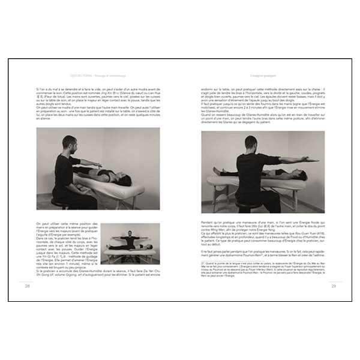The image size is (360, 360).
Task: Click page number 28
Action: tap(27, 286)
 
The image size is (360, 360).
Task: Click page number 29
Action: tap(334, 286)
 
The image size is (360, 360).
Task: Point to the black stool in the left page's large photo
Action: tap(59, 201)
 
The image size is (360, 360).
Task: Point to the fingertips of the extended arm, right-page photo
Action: tap(316, 158)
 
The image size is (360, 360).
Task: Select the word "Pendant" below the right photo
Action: tap(208, 222)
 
